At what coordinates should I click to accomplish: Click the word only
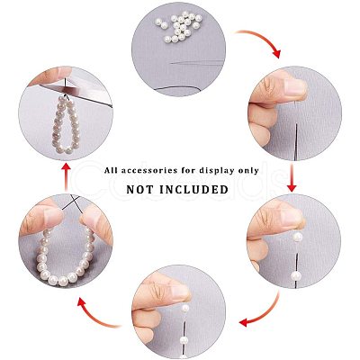[248, 171]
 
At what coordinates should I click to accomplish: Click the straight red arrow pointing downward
[292, 177]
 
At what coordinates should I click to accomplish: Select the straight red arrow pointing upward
[66, 177]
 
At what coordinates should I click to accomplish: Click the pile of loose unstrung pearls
[179, 26]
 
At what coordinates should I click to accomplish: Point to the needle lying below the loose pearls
[197, 62]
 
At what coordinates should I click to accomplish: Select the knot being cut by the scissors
[66, 95]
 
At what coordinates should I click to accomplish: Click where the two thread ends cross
[74, 201]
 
